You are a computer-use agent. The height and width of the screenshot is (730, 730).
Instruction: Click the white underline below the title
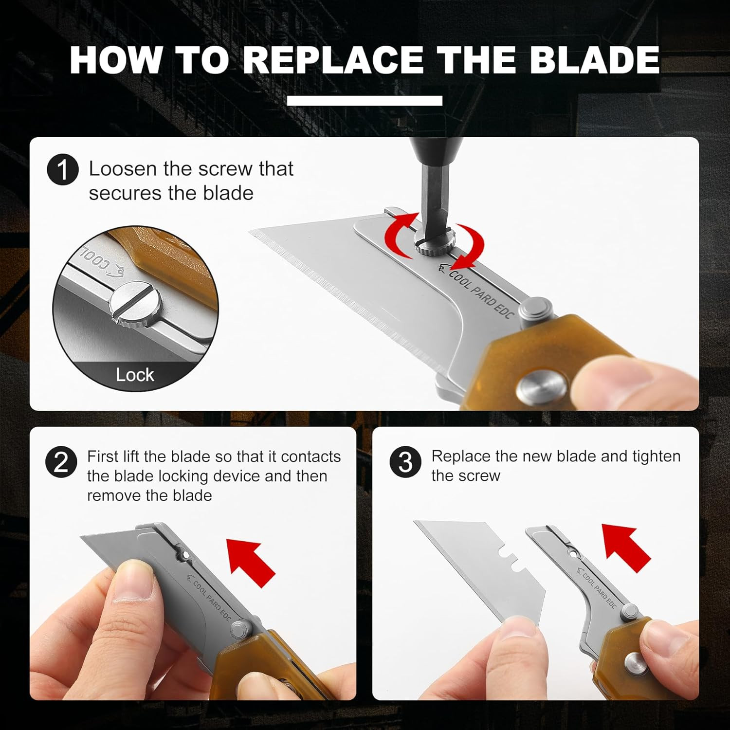click(x=365, y=100)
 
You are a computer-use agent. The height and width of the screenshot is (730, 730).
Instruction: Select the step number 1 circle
click(x=63, y=170)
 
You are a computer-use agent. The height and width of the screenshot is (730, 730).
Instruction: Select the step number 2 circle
click(x=61, y=462)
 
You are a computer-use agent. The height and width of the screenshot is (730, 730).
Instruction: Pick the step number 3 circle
click(x=405, y=462)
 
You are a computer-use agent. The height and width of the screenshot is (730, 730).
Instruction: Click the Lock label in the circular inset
click(x=135, y=375)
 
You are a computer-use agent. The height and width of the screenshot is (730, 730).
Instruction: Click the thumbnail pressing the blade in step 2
click(x=137, y=574)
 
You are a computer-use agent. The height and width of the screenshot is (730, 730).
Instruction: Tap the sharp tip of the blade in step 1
click(x=252, y=231)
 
